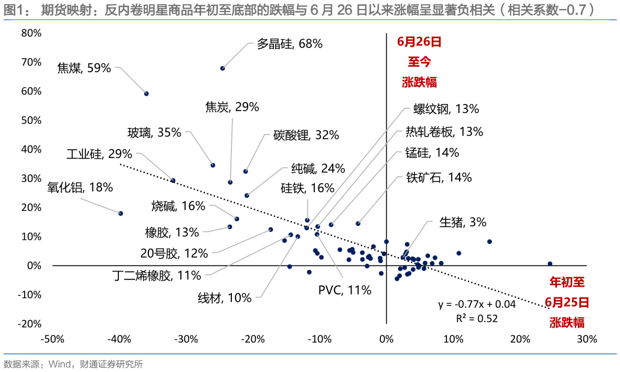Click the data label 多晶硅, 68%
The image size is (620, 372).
[290, 44]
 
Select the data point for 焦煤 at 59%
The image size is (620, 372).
[146, 94]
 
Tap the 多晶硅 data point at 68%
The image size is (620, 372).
[222, 69]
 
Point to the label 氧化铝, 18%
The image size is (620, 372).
[80, 188]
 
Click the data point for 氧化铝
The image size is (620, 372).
[121, 213]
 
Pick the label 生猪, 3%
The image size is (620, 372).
[462, 222]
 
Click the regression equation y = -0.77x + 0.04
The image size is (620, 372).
[477, 305]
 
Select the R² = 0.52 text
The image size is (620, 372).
[477, 319]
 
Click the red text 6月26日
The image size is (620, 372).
[419, 42]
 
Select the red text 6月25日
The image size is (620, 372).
[567, 302]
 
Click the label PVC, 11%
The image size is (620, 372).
[345, 291]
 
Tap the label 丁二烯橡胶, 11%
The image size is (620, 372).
[157, 276]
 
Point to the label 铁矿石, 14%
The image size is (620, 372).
[439, 178]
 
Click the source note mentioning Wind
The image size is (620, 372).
[73, 364]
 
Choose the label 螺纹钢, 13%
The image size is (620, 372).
[446, 109]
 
